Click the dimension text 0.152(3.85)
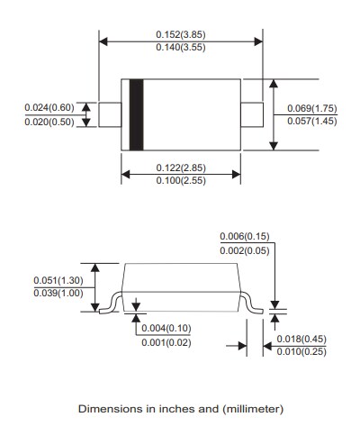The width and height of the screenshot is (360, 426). tap(179, 34)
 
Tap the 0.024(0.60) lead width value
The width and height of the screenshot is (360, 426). tap(50, 108)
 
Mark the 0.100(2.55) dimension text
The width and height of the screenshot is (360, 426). tap(179, 183)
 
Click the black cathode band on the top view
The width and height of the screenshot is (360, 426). tap(137, 115)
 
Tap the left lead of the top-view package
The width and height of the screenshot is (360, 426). tap(109, 115)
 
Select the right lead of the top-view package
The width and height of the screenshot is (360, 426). tap(252, 115)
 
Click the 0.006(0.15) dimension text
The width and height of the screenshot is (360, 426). tap(245, 236)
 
